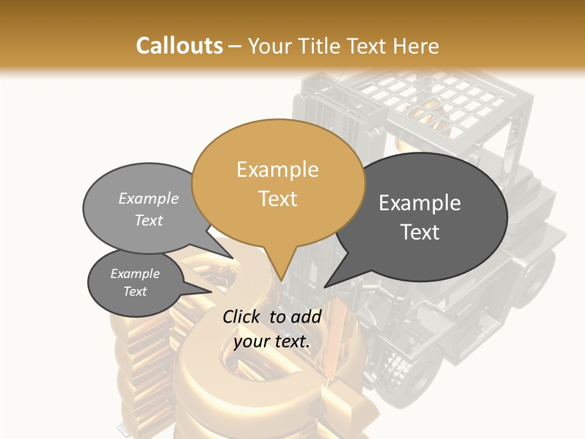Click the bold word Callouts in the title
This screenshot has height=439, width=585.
point(179,46)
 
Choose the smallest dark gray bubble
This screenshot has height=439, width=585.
point(135,282)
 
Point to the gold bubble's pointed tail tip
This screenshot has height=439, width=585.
point(281,281)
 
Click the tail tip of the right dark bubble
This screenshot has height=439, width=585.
point(325,286)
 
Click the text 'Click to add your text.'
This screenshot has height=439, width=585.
point(272,329)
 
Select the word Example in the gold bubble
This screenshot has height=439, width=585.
point(278,170)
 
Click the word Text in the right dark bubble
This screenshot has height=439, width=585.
point(420,232)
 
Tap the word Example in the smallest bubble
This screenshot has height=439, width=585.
point(135,274)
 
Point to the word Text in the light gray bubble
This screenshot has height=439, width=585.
point(149,220)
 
